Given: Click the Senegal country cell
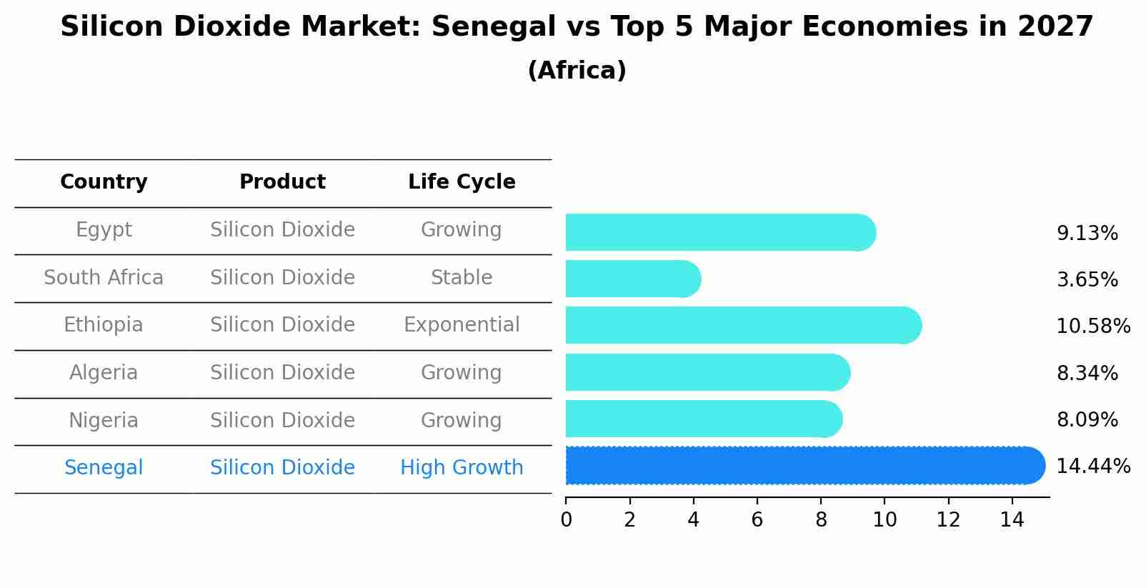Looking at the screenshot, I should pos(104,468).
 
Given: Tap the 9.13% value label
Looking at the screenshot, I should pos(1087,234).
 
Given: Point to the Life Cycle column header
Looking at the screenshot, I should pos(462,182).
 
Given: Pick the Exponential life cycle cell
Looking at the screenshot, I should pos(462,325).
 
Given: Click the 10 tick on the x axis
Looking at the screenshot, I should pos(885,520).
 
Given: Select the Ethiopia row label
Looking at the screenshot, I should pos(104,325).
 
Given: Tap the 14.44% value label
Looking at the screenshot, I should pos(1093,467).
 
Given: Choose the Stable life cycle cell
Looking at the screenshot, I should pos(462,278).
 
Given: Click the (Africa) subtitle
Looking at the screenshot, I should pos(577,71).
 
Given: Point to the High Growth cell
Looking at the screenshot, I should pos(462,468).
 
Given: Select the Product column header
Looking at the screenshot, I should pos(282,182).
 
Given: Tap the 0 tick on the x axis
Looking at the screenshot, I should pos(566,520).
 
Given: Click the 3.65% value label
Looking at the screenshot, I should pos(1087,280).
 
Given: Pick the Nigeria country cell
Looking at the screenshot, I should pos(104,421).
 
